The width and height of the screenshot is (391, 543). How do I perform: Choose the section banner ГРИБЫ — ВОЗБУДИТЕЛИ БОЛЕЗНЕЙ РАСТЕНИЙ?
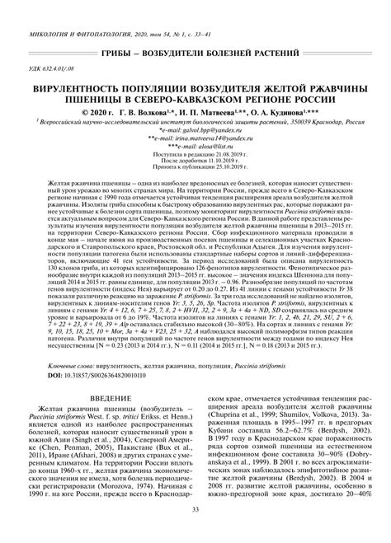(x=195, y=52)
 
